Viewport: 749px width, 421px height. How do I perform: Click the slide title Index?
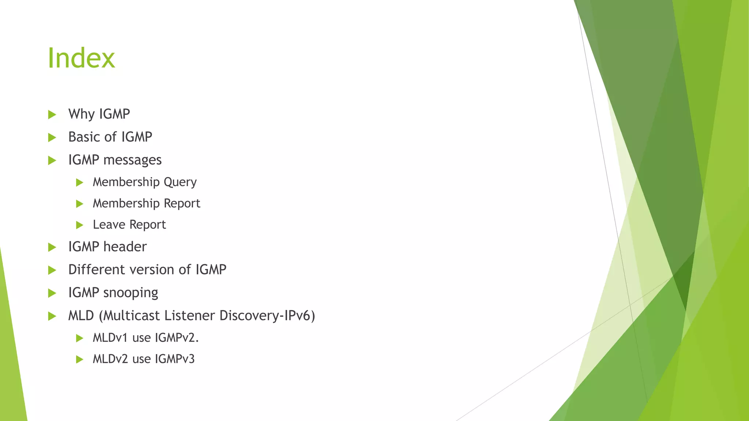(x=81, y=58)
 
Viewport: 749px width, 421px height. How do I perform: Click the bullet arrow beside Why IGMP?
(x=52, y=115)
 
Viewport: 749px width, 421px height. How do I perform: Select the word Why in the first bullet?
(x=82, y=114)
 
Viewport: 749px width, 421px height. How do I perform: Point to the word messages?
(x=132, y=160)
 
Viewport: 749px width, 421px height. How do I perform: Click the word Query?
(x=180, y=182)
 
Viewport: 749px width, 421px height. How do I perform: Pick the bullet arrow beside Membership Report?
(x=80, y=204)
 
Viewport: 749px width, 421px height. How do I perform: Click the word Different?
(x=97, y=270)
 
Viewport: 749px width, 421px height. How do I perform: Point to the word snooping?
(x=131, y=293)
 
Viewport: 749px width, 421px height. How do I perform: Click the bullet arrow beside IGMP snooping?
(x=52, y=293)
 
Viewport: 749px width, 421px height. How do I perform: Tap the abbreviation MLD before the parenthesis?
(x=81, y=315)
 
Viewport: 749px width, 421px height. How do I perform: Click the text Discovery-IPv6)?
(x=267, y=315)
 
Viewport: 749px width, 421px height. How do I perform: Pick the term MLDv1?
(x=110, y=338)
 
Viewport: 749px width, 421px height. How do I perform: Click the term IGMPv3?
(x=174, y=359)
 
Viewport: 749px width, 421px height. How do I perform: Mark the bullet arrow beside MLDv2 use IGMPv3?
(x=80, y=360)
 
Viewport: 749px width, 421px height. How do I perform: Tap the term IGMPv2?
(x=177, y=338)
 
